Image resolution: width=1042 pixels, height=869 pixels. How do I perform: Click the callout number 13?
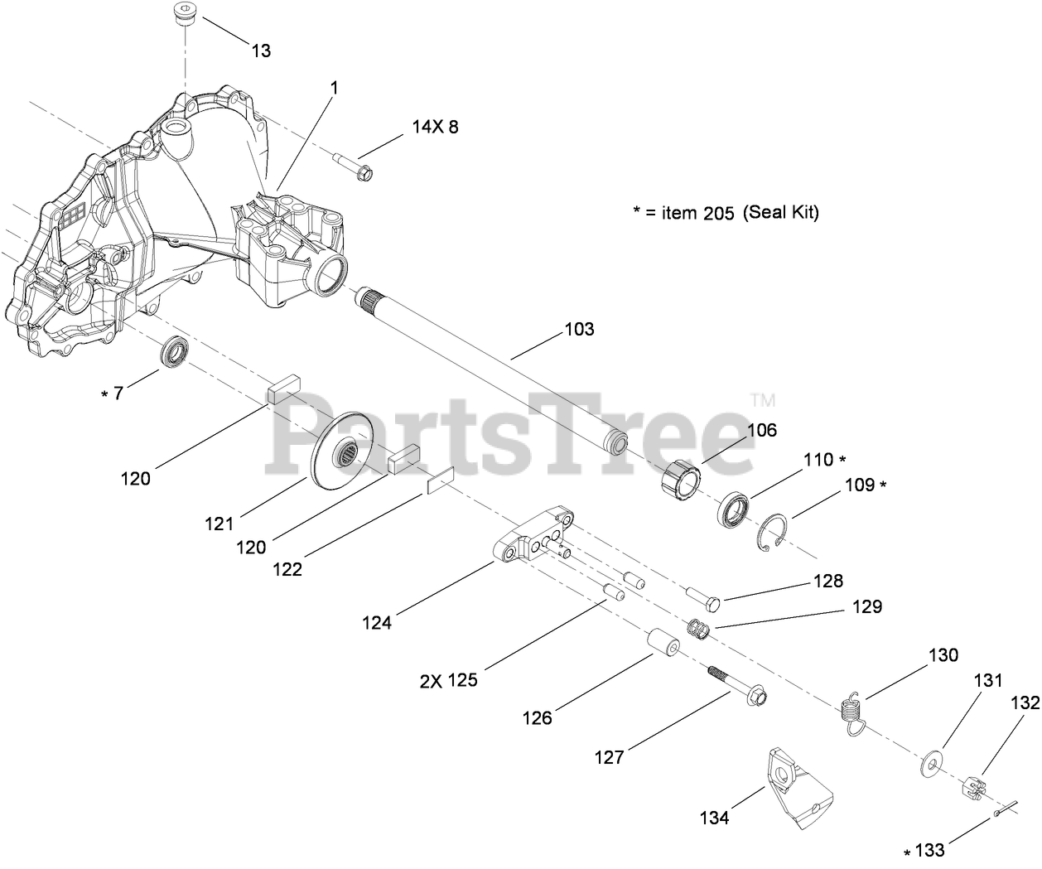[x=261, y=51]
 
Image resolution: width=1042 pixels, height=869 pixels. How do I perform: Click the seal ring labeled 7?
[x=175, y=351]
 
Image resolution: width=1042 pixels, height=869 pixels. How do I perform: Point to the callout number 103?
[x=579, y=330]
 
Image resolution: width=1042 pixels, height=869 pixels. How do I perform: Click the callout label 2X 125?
[x=448, y=680]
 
